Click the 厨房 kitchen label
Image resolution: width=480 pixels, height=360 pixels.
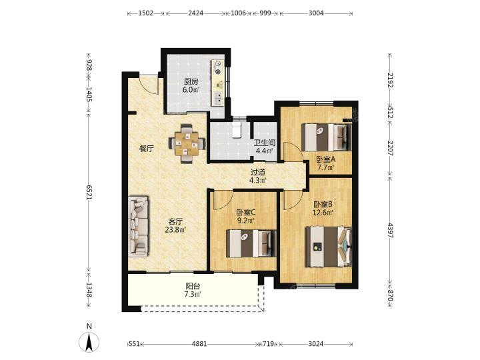click(x=191, y=82)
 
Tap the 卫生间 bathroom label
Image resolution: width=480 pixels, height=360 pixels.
click(x=265, y=143)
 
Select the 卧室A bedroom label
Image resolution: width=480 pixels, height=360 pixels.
click(x=326, y=159)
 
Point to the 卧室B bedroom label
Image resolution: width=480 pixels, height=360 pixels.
click(x=323, y=204)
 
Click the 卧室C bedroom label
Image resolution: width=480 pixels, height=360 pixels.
click(x=246, y=212)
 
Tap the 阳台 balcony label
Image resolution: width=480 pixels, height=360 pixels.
click(x=193, y=286)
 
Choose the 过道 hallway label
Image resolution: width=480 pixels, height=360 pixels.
click(x=258, y=173)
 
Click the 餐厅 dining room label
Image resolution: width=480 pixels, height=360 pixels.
click(x=146, y=149)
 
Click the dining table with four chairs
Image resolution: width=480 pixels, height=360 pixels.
click(x=187, y=143)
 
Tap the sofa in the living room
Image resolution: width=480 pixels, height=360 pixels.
click(x=138, y=226)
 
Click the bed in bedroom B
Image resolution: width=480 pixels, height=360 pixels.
click(x=328, y=247)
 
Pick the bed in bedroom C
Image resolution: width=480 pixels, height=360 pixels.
click(x=251, y=244)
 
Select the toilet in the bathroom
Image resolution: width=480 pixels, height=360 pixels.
click(x=237, y=130)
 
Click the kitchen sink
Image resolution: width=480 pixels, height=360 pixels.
click(x=219, y=98)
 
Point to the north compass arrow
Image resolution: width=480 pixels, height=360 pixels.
click(x=89, y=342)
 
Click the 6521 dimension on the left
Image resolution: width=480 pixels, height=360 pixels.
click(x=89, y=193)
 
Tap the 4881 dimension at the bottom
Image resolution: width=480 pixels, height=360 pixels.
click(x=199, y=344)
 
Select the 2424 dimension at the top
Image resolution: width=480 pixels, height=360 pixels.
click(x=195, y=13)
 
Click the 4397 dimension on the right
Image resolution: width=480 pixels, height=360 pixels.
click(x=390, y=230)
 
